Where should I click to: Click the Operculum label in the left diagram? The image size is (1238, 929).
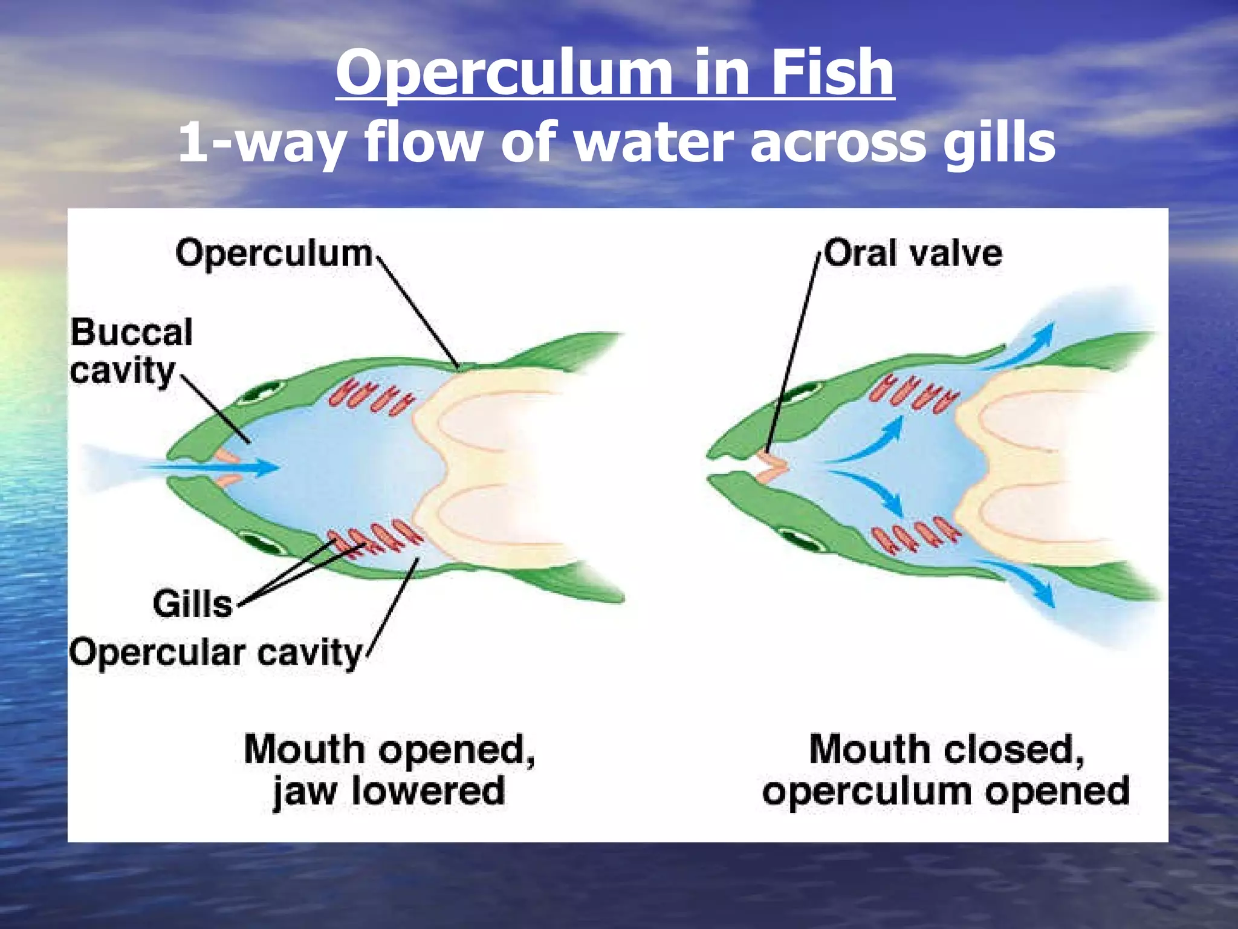pyautogui.click(x=273, y=253)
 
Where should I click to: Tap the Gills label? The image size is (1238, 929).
pyautogui.click(x=192, y=604)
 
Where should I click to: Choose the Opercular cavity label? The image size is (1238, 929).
pyautogui.click(x=216, y=653)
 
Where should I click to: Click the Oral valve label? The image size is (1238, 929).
pyautogui.click(x=913, y=253)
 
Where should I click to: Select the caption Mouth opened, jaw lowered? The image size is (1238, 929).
pyautogui.click(x=389, y=770)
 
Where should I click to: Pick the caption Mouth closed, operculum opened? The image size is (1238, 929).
pyautogui.click(x=945, y=770)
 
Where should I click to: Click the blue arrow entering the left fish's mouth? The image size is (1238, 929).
pyautogui.click(x=212, y=467)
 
